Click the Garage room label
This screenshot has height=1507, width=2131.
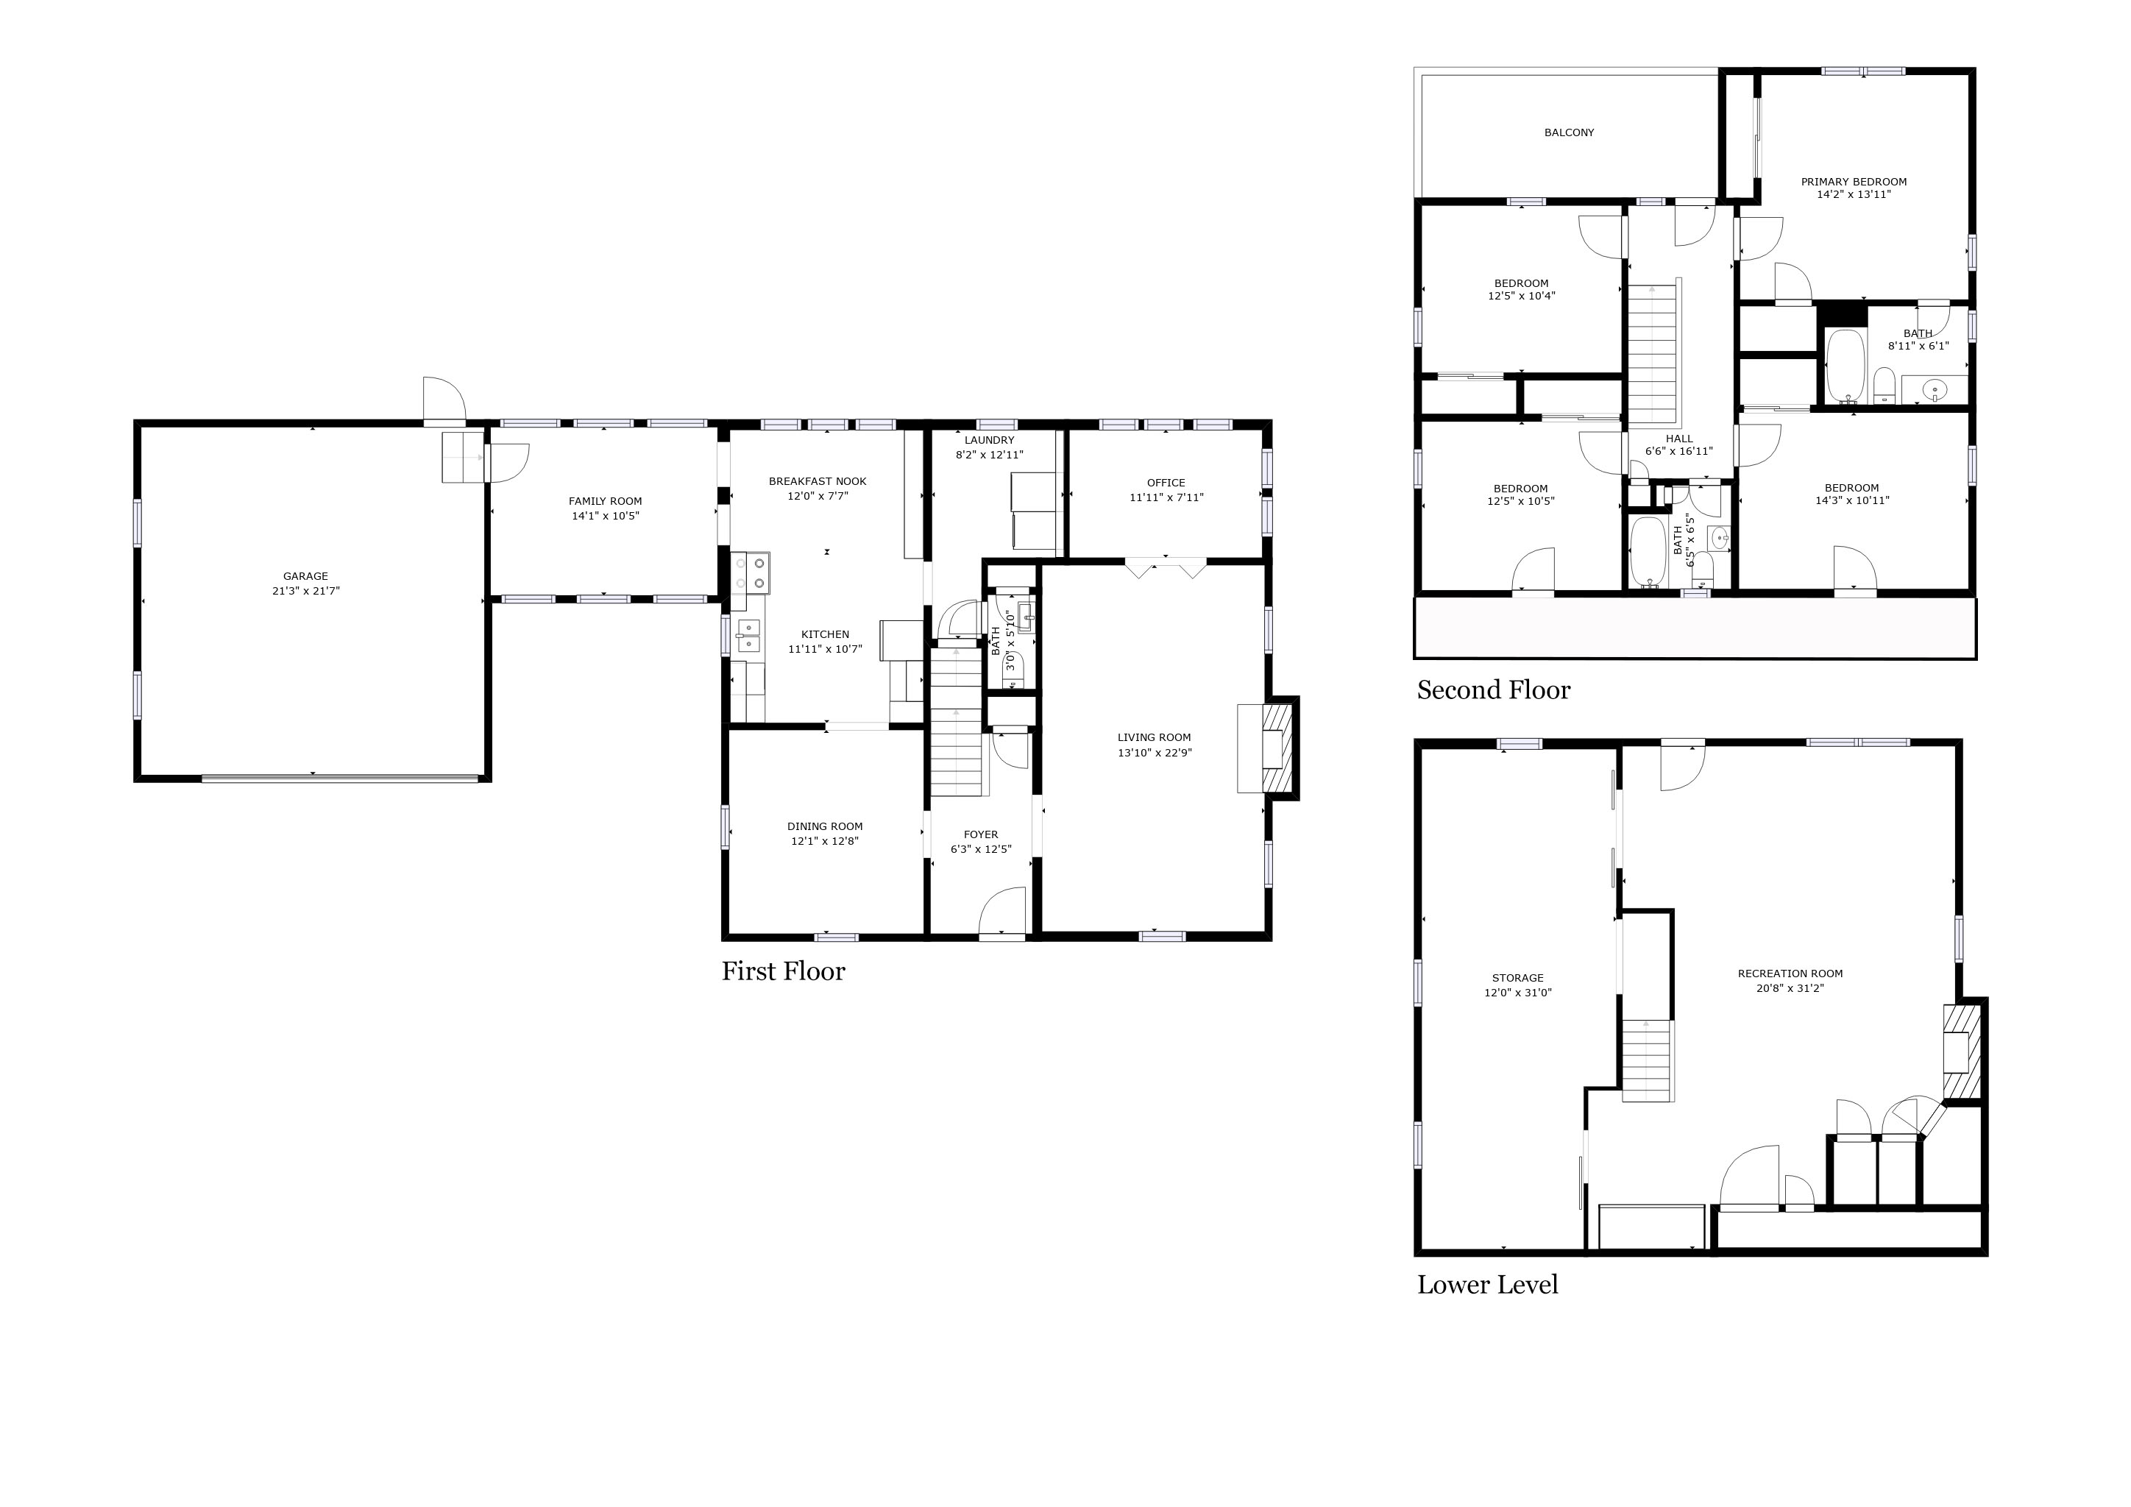click(x=305, y=576)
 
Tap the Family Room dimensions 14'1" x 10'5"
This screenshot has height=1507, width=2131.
click(x=605, y=516)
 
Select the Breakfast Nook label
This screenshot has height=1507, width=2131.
click(x=818, y=482)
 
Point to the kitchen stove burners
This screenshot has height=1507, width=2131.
click(x=751, y=572)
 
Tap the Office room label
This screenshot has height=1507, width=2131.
click(x=1166, y=483)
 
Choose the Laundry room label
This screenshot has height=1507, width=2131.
click(x=990, y=440)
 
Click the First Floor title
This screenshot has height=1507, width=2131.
click(x=784, y=971)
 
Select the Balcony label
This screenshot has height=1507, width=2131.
click(x=1570, y=132)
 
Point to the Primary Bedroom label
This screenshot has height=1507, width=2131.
click(x=1854, y=182)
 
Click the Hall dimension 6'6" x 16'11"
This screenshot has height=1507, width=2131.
click(x=1679, y=452)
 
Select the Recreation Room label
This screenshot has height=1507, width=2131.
click(x=1790, y=974)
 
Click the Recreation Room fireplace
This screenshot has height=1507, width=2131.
click(x=1963, y=1051)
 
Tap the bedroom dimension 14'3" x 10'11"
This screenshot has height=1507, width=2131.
click(x=1853, y=501)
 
